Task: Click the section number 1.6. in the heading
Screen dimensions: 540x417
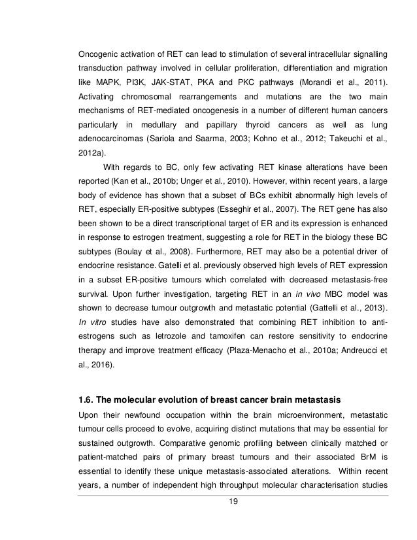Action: point(88,398)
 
